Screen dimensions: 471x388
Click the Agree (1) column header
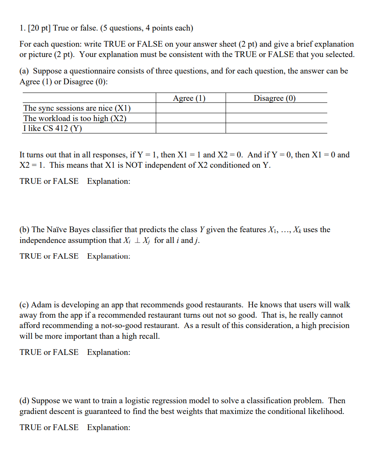(x=189, y=98)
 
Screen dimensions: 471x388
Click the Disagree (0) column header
(x=274, y=98)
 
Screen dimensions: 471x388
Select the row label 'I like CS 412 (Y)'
(x=52, y=128)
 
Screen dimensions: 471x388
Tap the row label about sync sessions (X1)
(x=77, y=108)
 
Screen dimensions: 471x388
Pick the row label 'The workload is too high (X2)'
(x=74, y=119)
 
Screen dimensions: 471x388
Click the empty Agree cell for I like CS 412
(x=190, y=128)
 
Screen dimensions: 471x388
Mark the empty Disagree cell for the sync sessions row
(x=276, y=108)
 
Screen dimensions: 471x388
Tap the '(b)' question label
(x=24, y=230)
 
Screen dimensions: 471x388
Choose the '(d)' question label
(x=24, y=401)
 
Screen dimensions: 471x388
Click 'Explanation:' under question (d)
(x=108, y=428)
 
